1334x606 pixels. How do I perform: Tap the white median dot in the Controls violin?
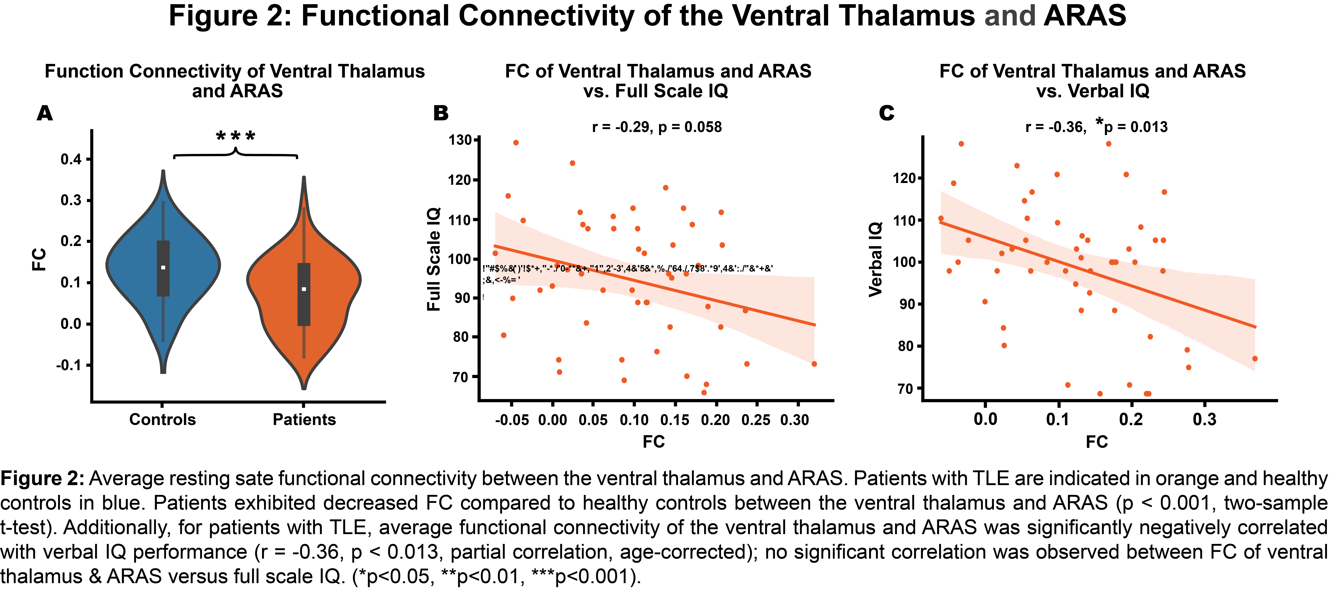[x=163, y=267]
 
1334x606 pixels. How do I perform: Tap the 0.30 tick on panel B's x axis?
[x=795, y=420]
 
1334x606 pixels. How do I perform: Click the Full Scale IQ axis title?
[x=434, y=259]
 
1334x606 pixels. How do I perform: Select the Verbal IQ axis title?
[x=875, y=259]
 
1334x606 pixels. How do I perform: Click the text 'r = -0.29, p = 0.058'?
[x=657, y=127]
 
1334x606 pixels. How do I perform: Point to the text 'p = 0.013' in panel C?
[x=1135, y=127]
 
